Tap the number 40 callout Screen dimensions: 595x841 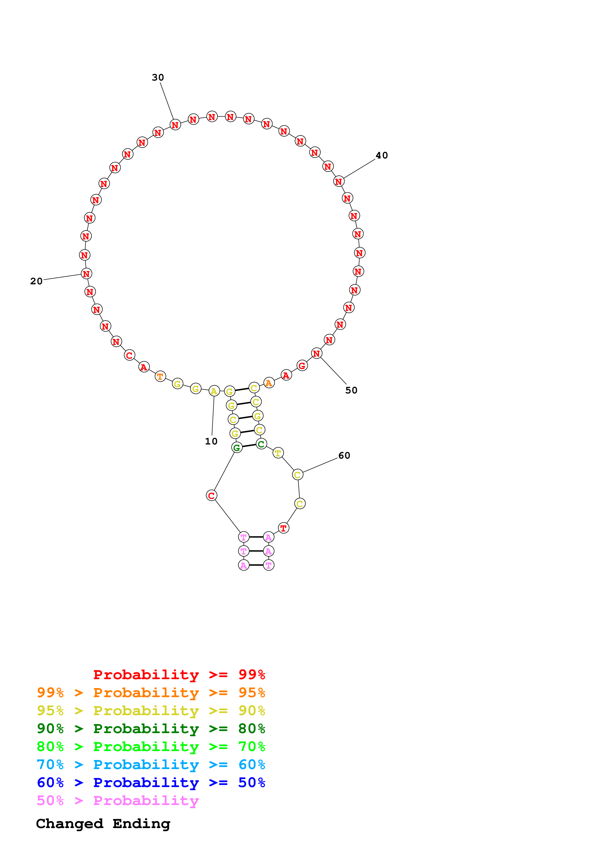[382, 155]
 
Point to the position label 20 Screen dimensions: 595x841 [36, 281]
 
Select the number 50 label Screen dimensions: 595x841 [351, 391]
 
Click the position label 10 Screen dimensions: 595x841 [211, 441]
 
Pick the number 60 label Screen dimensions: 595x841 [344, 456]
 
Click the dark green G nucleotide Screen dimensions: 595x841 [237, 447]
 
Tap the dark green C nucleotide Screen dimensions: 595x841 [261, 444]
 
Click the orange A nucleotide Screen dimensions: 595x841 [269, 383]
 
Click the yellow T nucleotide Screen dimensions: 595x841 [278, 453]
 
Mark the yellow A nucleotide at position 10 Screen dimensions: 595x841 [214, 391]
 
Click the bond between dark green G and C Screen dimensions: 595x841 [249, 446]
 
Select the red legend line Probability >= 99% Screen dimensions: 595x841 [179, 674]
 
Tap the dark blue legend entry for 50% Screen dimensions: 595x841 [151, 783]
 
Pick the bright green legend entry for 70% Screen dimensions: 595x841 [151, 747]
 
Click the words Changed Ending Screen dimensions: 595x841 [103, 824]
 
